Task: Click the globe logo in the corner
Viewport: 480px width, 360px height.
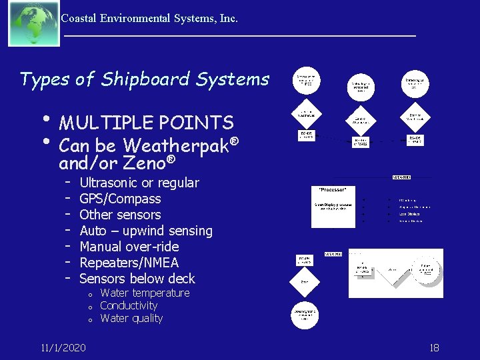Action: [x=33, y=23]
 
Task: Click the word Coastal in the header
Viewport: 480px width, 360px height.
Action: [x=78, y=19]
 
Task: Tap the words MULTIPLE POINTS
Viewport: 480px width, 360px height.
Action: [x=146, y=123]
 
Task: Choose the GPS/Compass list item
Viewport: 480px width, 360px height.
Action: [x=120, y=199]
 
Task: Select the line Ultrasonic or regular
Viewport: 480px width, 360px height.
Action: [x=139, y=183]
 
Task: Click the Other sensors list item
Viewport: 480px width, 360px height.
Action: [x=120, y=215]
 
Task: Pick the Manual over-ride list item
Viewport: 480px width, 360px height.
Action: [x=129, y=247]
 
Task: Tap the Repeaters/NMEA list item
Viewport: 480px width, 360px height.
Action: [x=129, y=263]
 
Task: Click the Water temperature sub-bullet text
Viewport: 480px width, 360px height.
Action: [x=145, y=293]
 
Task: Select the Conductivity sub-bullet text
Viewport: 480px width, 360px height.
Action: [x=129, y=306]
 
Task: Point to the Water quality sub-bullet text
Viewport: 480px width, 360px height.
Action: [x=131, y=319]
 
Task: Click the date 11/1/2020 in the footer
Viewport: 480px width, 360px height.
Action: [x=63, y=347]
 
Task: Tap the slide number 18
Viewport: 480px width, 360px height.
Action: [x=434, y=347]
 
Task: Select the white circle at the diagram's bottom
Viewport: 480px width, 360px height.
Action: [x=306, y=313]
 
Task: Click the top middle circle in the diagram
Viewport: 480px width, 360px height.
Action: [x=361, y=86]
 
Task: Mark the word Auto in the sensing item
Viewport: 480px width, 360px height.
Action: [x=93, y=231]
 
